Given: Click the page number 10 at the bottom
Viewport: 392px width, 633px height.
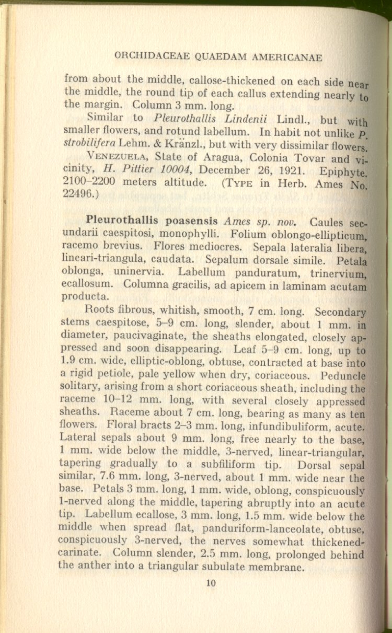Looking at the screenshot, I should point(211,584).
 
